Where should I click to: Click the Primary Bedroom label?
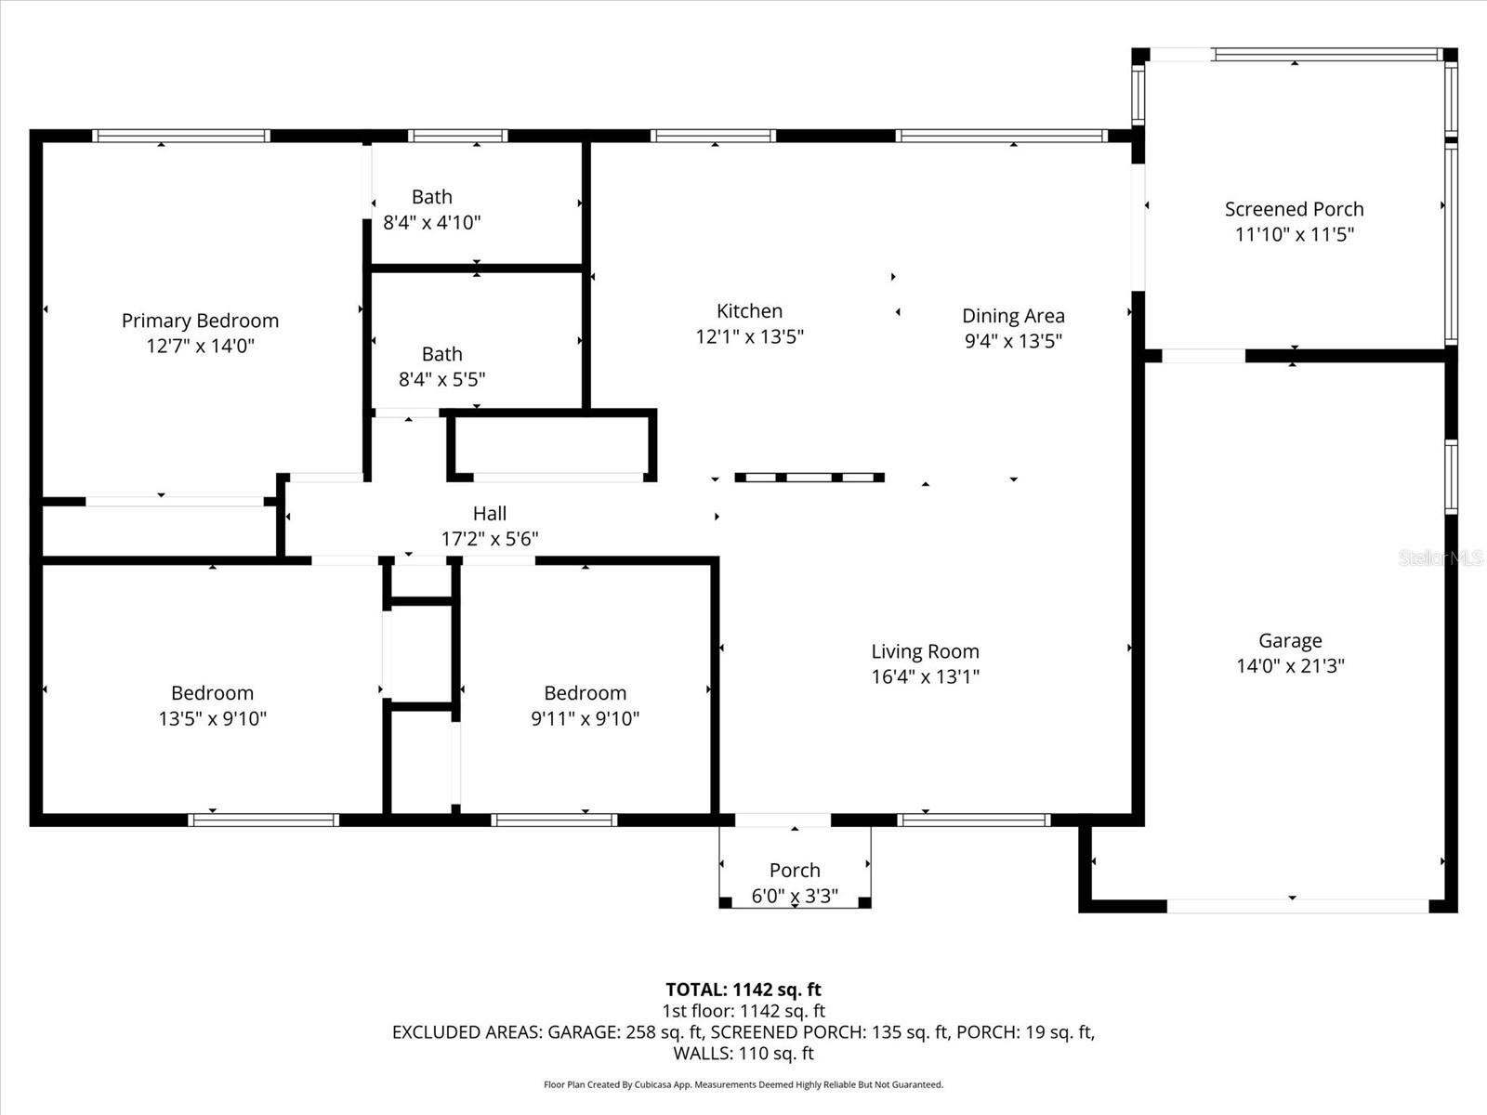tap(200, 321)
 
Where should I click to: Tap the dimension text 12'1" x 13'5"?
tap(749, 336)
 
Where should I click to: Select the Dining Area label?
tap(1013, 316)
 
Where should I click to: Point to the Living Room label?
tap(925, 651)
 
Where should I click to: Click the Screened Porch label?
tap(1294, 209)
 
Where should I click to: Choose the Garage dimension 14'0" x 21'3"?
tap(1290, 665)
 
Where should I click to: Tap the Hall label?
tap(490, 514)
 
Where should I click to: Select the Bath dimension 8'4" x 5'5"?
tap(441, 379)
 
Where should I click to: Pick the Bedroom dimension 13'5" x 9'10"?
tap(212, 718)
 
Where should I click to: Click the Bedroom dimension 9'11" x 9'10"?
tap(585, 718)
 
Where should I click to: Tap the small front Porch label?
tap(795, 871)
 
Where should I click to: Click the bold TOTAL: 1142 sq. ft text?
tap(743, 990)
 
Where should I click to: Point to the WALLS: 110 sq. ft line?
tap(743, 1054)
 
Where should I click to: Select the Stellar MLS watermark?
tap(1441, 557)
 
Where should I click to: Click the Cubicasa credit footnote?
tap(743, 1084)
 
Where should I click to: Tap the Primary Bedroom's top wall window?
tap(181, 136)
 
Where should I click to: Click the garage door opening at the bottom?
tap(1296, 905)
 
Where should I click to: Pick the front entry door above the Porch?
tap(783, 820)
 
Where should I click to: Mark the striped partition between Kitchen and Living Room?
tap(809, 478)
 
